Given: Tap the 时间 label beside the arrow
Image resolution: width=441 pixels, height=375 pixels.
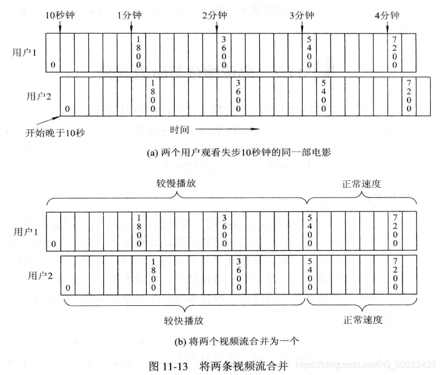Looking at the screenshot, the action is coord(180,129).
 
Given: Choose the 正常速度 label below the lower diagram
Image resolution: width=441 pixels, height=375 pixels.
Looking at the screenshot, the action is coord(363,319).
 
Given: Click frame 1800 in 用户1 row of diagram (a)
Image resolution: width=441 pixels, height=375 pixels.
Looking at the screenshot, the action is coord(138,53).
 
